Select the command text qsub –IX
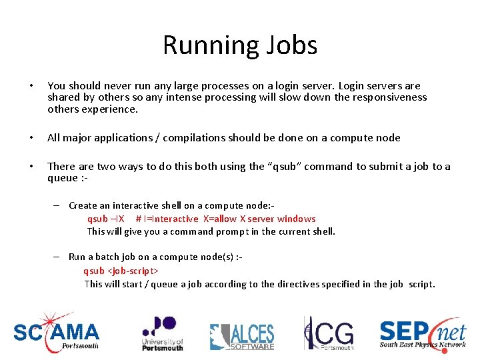tap(105, 219)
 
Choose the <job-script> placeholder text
tap(133, 271)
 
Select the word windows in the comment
tap(296, 219)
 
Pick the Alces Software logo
tap(242, 336)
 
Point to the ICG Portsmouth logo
tap(328, 333)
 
